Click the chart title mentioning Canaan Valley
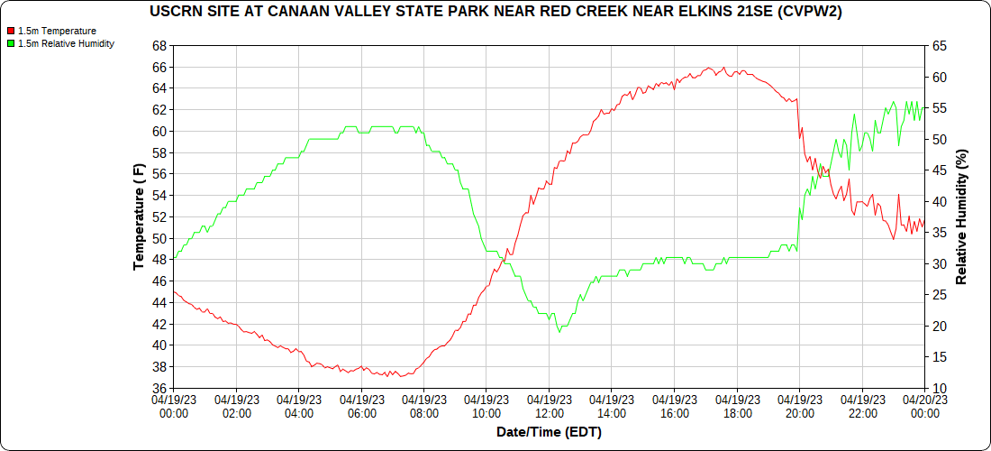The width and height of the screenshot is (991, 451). (x=495, y=12)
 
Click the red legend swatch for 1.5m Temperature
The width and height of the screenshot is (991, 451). (x=11, y=31)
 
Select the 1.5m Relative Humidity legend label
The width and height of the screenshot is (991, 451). (x=66, y=43)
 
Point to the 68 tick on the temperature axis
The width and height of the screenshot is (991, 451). (x=159, y=46)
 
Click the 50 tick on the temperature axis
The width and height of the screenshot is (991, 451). (x=159, y=239)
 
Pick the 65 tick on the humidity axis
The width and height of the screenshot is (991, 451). (x=939, y=46)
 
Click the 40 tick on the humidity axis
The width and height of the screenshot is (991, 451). (x=939, y=201)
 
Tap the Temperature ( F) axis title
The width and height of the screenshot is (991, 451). (x=139, y=216)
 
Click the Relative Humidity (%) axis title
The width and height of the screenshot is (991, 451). (x=961, y=216)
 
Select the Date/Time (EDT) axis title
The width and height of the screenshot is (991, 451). (x=549, y=432)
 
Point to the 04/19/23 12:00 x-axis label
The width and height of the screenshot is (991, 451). (x=549, y=406)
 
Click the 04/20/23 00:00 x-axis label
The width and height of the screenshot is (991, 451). (x=924, y=406)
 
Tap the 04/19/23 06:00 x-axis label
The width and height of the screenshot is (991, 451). (x=361, y=406)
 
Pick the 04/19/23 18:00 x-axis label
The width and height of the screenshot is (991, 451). (x=737, y=406)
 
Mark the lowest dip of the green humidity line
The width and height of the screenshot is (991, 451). (x=559, y=331)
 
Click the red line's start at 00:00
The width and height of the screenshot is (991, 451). (x=175, y=291)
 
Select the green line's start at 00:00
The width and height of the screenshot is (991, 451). (x=175, y=258)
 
